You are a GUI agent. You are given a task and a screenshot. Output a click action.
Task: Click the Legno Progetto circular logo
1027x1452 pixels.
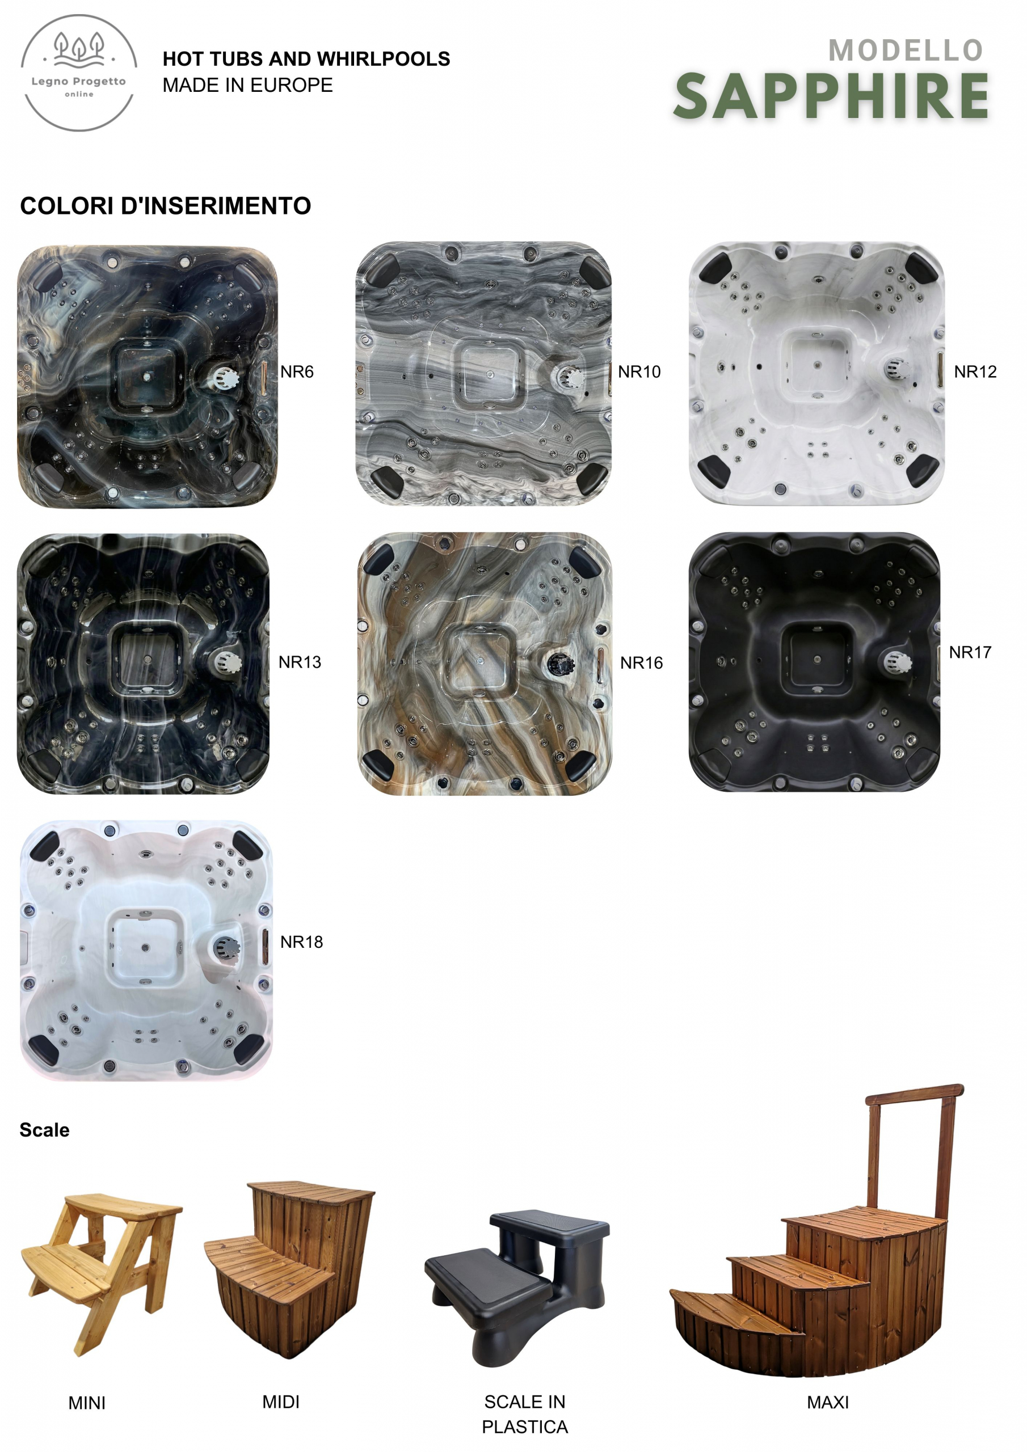(79, 73)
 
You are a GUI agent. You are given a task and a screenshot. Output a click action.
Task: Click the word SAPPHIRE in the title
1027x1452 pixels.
(831, 96)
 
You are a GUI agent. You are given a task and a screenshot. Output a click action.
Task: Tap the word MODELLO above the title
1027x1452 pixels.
(906, 50)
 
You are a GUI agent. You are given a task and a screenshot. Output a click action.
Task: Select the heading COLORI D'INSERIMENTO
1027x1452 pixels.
(166, 205)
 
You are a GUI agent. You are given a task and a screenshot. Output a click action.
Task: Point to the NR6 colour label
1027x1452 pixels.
(297, 372)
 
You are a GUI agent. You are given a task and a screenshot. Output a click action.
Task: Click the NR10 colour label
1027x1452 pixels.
(639, 372)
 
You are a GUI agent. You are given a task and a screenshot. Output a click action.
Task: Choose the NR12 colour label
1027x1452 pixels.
(975, 372)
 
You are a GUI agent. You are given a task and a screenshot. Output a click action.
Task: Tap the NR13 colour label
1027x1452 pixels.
(300, 662)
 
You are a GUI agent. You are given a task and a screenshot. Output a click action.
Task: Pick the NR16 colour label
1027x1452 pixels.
(641, 663)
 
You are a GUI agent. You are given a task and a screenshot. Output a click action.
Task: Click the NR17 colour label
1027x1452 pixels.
(970, 652)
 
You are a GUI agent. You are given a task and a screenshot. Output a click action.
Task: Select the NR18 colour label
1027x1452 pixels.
(301, 942)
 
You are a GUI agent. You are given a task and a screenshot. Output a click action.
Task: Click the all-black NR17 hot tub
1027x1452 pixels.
(814, 661)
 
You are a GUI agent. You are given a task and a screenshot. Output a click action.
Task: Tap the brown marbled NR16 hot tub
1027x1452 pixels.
(485, 664)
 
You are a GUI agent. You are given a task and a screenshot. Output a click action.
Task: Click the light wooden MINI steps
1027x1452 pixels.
(101, 1273)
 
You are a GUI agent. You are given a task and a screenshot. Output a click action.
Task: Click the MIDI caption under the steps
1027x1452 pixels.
(281, 1402)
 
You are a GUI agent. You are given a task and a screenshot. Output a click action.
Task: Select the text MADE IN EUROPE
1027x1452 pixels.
(247, 85)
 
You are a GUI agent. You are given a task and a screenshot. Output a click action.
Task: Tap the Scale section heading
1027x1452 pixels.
(44, 1130)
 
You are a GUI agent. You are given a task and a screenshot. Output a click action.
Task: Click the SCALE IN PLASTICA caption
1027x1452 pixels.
(525, 1414)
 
